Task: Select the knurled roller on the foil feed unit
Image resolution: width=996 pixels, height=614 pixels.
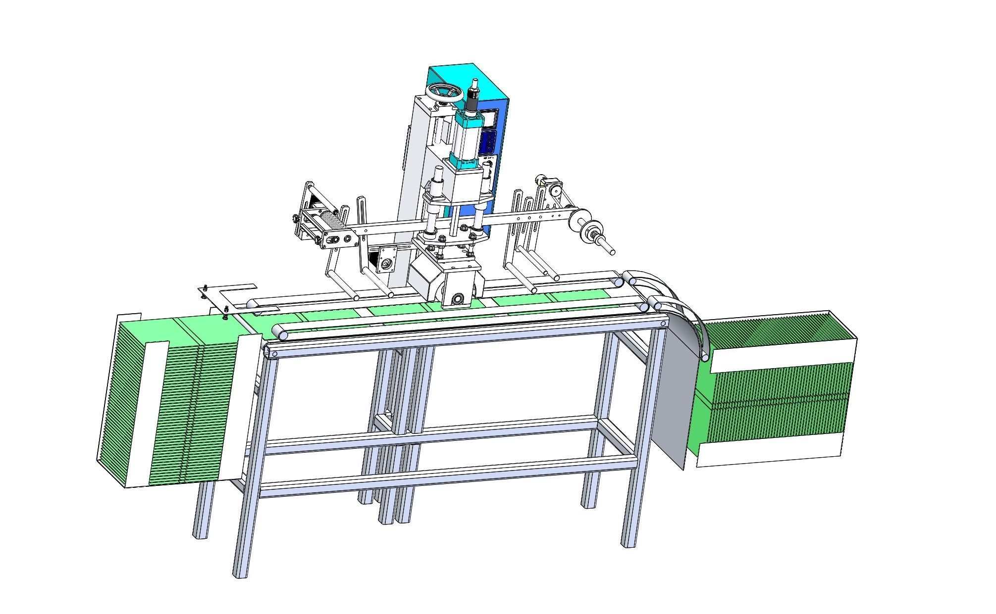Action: (331, 221)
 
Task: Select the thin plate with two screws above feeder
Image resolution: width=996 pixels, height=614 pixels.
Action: (233, 296)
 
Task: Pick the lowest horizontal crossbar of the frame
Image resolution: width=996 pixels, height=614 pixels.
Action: (446, 478)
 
